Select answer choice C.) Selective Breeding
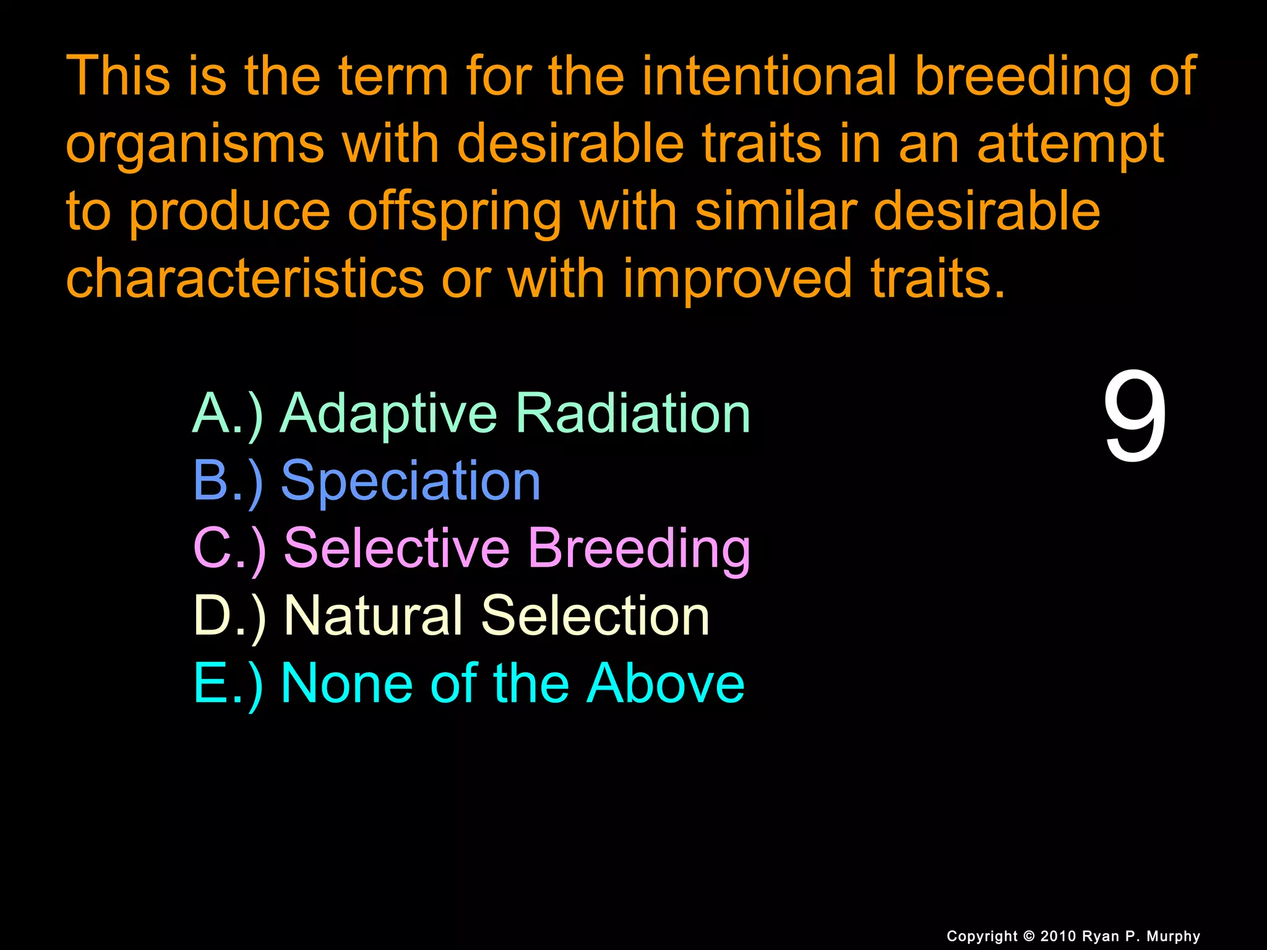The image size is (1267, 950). pos(472,548)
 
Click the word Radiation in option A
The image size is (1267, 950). pos(633,413)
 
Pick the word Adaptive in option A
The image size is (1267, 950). pos(389,414)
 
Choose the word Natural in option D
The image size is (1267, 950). pos(373,615)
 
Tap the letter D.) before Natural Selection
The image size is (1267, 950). pos(230,616)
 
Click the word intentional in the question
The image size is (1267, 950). pos(770,76)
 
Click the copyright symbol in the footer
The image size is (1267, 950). pos(1029,936)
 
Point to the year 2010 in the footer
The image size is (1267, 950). pos(1059,936)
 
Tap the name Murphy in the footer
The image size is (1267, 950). pos(1173,936)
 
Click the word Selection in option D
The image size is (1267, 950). pos(595,615)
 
